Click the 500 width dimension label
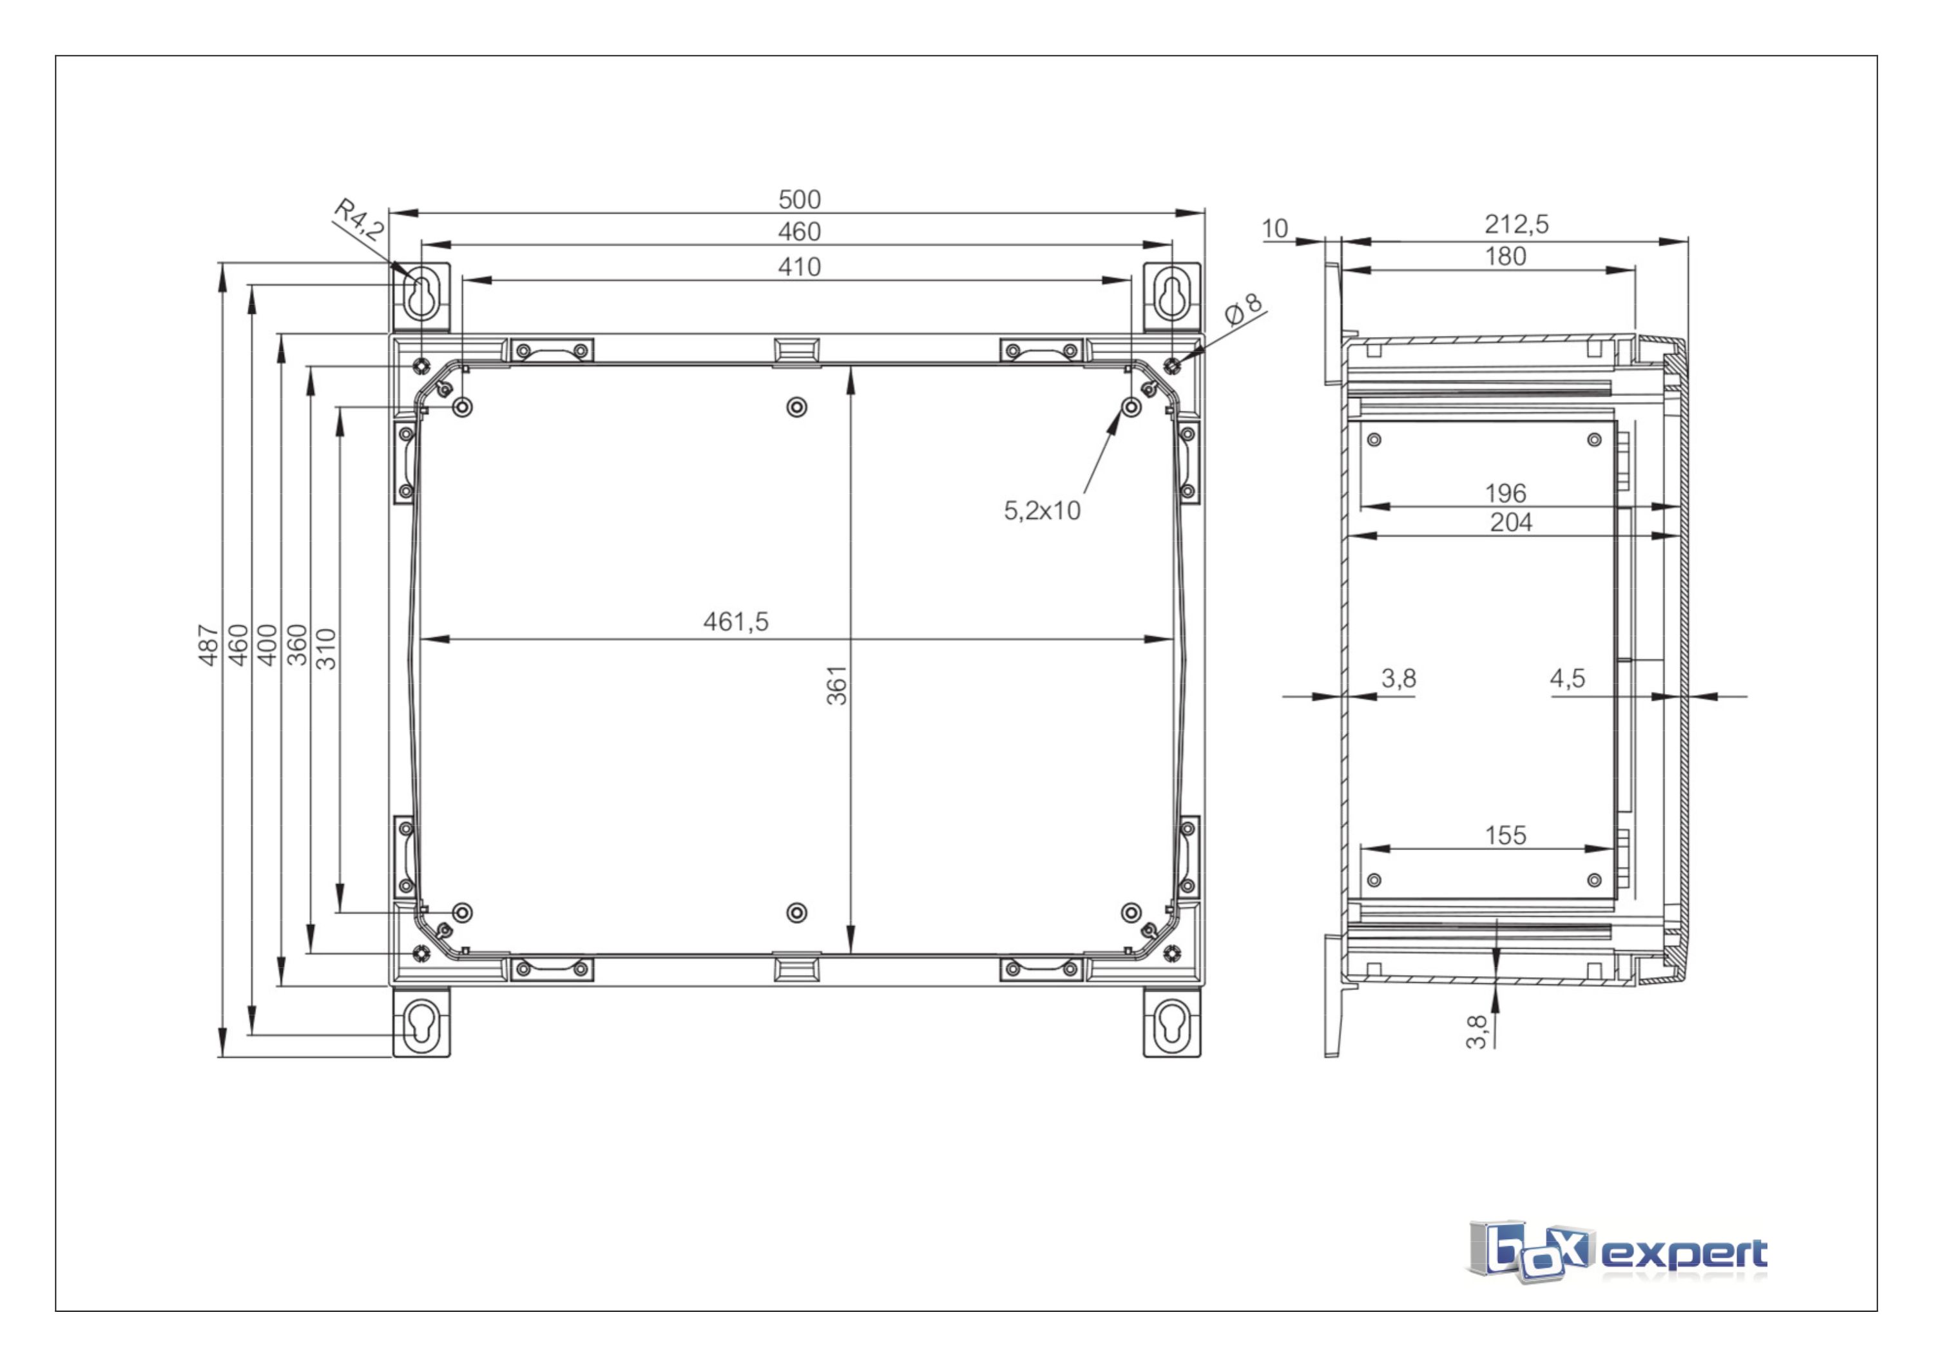pos(799,200)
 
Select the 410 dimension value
pos(799,267)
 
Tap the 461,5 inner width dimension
pos(736,622)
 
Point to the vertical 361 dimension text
pos(837,685)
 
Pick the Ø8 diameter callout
pos(1244,309)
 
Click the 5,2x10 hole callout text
pos(1043,511)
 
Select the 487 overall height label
pos(208,646)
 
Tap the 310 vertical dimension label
pos(326,649)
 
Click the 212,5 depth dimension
pos(1516,224)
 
